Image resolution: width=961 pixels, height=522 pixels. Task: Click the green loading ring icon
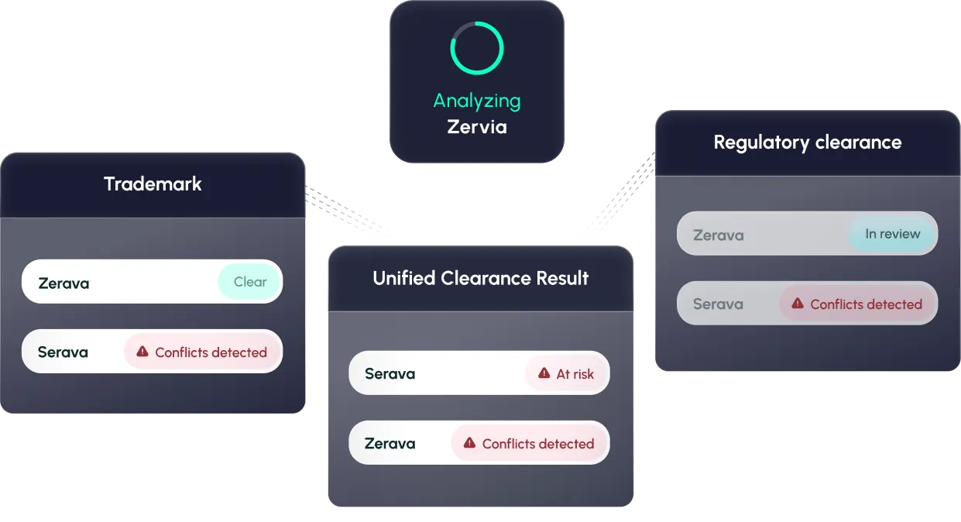477,48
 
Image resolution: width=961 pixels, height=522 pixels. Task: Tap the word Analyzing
477,101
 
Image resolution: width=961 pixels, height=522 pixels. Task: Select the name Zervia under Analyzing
477,126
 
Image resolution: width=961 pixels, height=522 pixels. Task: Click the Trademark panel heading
153,184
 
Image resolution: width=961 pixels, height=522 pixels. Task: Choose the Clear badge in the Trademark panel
250,282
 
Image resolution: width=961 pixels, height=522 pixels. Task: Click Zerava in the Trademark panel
63,283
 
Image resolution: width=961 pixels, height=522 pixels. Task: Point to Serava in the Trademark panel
63,352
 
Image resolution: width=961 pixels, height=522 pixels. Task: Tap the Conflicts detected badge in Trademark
203,352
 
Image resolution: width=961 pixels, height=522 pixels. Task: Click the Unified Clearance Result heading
481,278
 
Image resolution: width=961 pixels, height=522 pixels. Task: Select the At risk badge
567,374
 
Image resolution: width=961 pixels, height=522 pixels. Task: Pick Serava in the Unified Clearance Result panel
390,374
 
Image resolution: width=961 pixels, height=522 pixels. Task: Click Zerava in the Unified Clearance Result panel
390,444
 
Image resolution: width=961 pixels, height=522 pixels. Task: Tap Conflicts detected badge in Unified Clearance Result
530,444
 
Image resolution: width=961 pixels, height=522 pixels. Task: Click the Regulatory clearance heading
808,143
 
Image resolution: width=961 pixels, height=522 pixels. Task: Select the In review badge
892,234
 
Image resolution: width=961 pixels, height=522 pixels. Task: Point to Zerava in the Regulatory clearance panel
718,235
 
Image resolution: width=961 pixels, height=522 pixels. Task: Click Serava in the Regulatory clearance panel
718,304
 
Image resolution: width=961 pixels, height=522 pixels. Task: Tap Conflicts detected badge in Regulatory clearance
858,304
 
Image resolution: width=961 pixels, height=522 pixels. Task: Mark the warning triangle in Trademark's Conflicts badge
142,352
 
